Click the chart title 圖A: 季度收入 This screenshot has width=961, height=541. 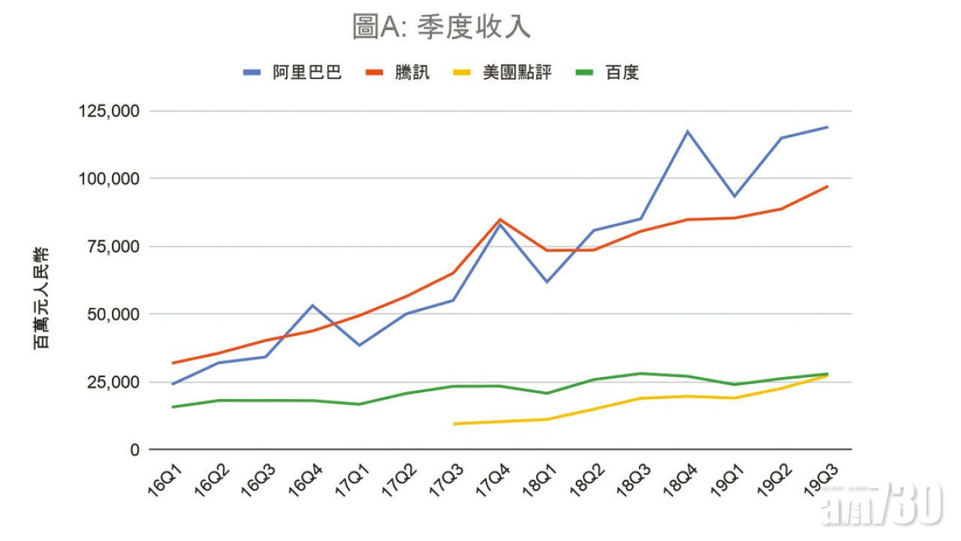(x=441, y=27)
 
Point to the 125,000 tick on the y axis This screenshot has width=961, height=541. (x=109, y=111)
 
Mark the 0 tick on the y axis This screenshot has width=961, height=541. (x=134, y=450)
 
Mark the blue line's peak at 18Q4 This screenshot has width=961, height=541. (x=687, y=131)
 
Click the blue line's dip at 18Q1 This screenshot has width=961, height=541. (x=547, y=282)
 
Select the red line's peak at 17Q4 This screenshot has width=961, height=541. (x=499, y=219)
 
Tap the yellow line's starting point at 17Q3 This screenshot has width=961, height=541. (x=453, y=424)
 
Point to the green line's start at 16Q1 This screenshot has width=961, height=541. (x=173, y=407)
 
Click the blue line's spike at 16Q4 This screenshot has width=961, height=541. (x=312, y=305)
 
